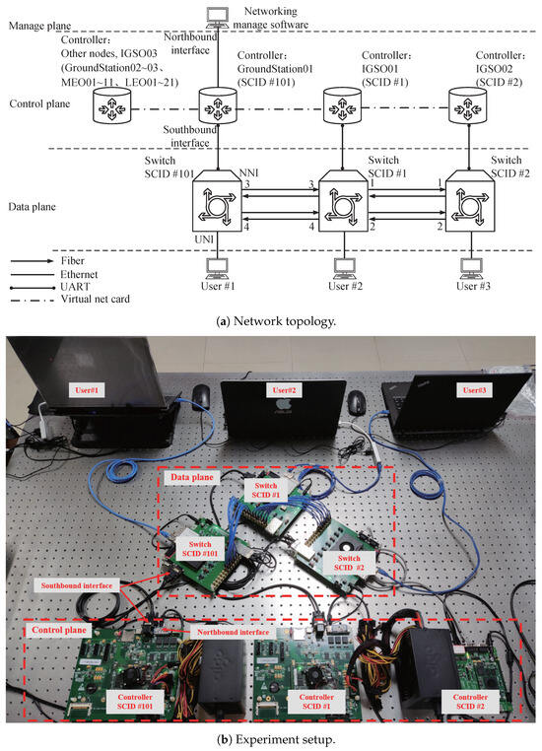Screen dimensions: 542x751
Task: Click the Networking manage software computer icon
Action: point(218,19)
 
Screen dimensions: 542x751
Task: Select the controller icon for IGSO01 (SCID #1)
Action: point(342,104)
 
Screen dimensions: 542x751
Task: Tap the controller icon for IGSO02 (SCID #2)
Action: point(467,104)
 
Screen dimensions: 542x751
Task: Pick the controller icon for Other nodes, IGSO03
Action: point(111,104)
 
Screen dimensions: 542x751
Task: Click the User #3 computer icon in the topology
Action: point(472,269)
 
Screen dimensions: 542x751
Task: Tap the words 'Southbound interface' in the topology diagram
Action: point(190,136)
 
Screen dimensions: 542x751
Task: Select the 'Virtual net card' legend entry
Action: point(96,300)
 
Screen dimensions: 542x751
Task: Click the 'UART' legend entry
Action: point(75,287)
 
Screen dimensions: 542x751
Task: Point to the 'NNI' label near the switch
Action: point(248,172)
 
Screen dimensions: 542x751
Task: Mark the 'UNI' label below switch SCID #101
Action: point(204,239)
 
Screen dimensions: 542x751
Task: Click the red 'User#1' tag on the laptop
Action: point(87,390)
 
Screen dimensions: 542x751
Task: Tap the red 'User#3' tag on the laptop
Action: point(474,390)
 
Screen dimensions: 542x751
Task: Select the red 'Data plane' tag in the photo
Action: point(191,477)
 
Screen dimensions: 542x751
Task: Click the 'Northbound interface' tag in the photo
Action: point(233,632)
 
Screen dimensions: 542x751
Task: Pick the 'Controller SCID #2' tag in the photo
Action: point(470,702)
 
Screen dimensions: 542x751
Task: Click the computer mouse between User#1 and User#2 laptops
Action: point(201,396)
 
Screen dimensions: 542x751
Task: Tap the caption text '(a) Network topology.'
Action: point(276,321)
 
